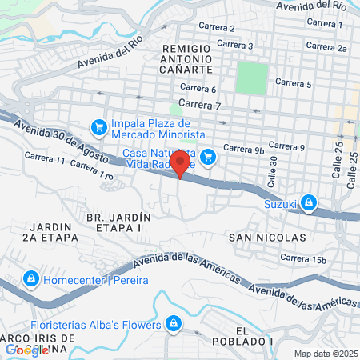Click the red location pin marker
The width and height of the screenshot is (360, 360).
click(181, 164)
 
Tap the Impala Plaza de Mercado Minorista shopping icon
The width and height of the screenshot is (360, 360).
click(99, 127)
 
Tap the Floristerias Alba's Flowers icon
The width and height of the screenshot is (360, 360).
click(172, 323)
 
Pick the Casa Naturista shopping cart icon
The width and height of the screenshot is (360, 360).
click(208, 156)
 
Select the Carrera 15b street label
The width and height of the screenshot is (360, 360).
click(304, 258)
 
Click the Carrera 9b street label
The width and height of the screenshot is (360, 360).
click(243, 148)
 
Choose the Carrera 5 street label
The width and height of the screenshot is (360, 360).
click(293, 82)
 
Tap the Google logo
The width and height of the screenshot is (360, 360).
click(27, 350)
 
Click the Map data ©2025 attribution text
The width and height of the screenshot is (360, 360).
click(326, 354)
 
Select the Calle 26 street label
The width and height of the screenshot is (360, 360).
click(338, 165)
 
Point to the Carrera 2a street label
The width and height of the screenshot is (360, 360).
click(330, 48)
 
